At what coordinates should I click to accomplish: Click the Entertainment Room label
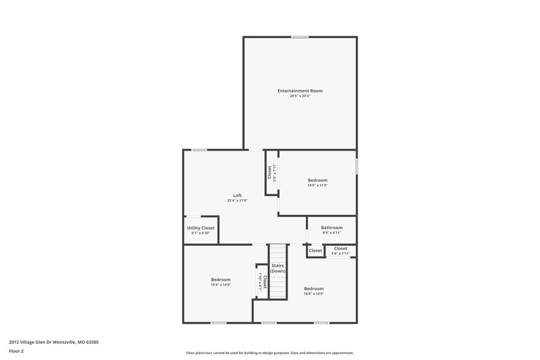pos(300,91)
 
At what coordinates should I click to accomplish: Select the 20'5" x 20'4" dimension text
pos(300,96)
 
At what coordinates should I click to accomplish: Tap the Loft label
pos(238,195)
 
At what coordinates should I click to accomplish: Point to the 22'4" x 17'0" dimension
pos(238,201)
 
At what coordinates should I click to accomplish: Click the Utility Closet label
pos(200,228)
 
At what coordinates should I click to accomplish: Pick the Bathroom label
pos(331,228)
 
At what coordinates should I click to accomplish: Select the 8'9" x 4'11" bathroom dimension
pos(331,233)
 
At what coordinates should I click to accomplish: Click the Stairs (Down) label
pos(278,268)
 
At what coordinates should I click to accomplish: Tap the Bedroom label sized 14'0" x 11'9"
pos(317,180)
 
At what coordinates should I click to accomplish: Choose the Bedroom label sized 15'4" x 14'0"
pos(221,279)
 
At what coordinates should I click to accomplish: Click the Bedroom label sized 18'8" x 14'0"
pos(313,288)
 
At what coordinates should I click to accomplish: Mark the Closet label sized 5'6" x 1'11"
pos(341,249)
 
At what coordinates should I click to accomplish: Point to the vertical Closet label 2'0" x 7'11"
pos(269,173)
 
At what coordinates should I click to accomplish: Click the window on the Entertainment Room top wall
pos(300,36)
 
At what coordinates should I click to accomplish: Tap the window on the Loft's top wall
pos(198,149)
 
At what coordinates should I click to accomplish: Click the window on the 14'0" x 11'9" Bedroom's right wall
pos(356,166)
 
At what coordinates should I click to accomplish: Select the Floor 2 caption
pos(17,351)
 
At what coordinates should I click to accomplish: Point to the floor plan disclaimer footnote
pos(270,353)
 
